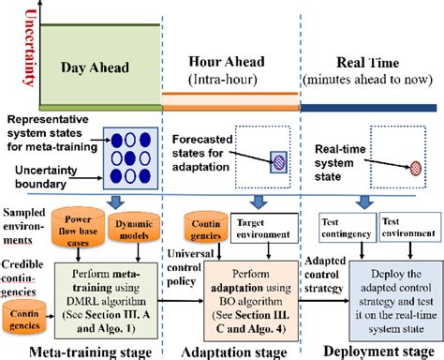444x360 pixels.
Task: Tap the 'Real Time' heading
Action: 371,61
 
